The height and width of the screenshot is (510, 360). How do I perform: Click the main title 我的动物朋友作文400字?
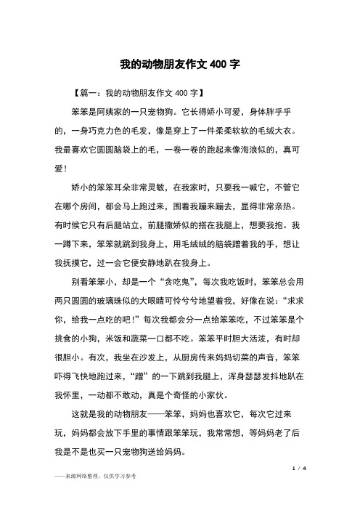180,64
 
